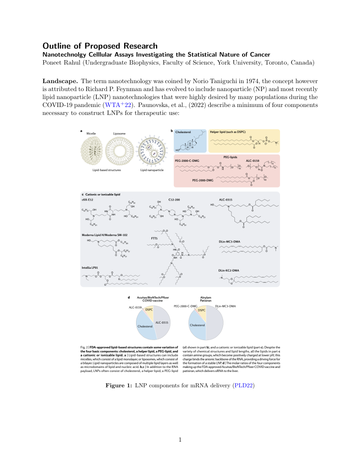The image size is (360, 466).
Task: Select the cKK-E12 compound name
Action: click(x=88, y=200)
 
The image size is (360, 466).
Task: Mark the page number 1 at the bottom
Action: click(x=180, y=439)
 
